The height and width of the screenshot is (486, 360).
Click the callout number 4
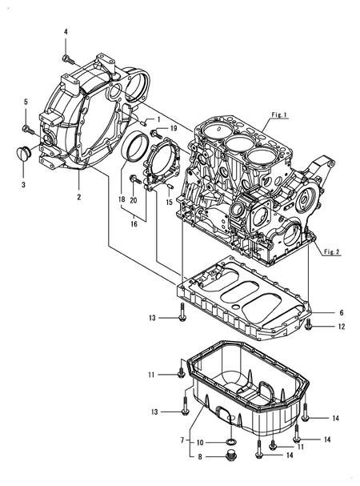click(66, 31)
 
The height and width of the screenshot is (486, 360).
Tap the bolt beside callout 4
click(66, 58)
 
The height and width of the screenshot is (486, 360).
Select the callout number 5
click(26, 102)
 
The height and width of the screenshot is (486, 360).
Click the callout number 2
click(79, 196)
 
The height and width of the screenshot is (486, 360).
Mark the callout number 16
click(134, 226)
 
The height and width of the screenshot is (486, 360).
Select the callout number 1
click(158, 119)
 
